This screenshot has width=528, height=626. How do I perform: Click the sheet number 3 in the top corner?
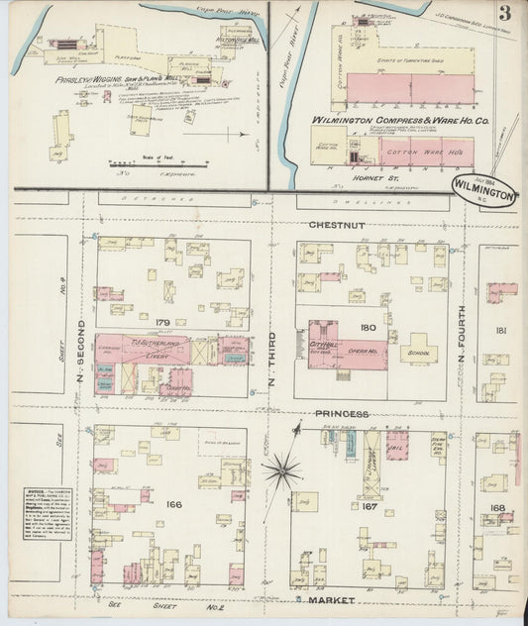pyautogui.click(x=505, y=13)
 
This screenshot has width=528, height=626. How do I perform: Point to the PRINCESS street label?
pyautogui.click(x=345, y=413)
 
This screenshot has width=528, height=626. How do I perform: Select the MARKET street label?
pyautogui.click(x=332, y=600)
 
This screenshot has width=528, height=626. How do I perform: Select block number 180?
pyautogui.click(x=369, y=327)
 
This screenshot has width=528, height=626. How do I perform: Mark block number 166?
pyautogui.click(x=174, y=504)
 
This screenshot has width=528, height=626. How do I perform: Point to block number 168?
pyautogui.click(x=495, y=508)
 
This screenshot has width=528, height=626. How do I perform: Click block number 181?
pyautogui.click(x=501, y=329)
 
